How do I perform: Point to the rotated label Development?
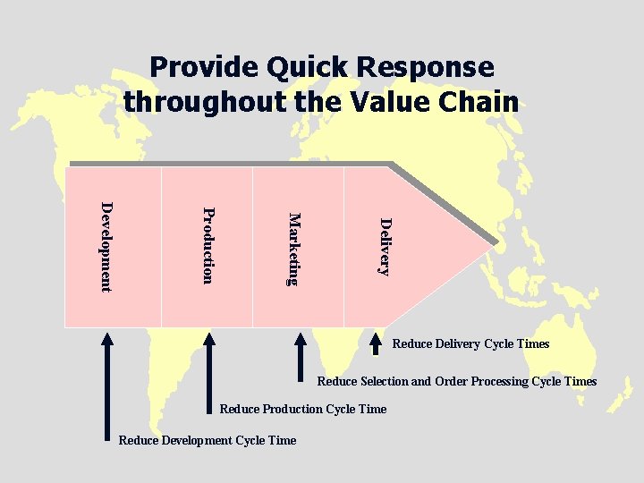[x=106, y=246]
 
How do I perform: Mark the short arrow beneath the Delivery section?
[x=377, y=345]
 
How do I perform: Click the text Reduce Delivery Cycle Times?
[x=470, y=344]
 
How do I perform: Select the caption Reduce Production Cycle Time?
[x=303, y=409]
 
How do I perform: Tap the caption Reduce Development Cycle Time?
[x=207, y=439]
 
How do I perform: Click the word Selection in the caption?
[x=384, y=381]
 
